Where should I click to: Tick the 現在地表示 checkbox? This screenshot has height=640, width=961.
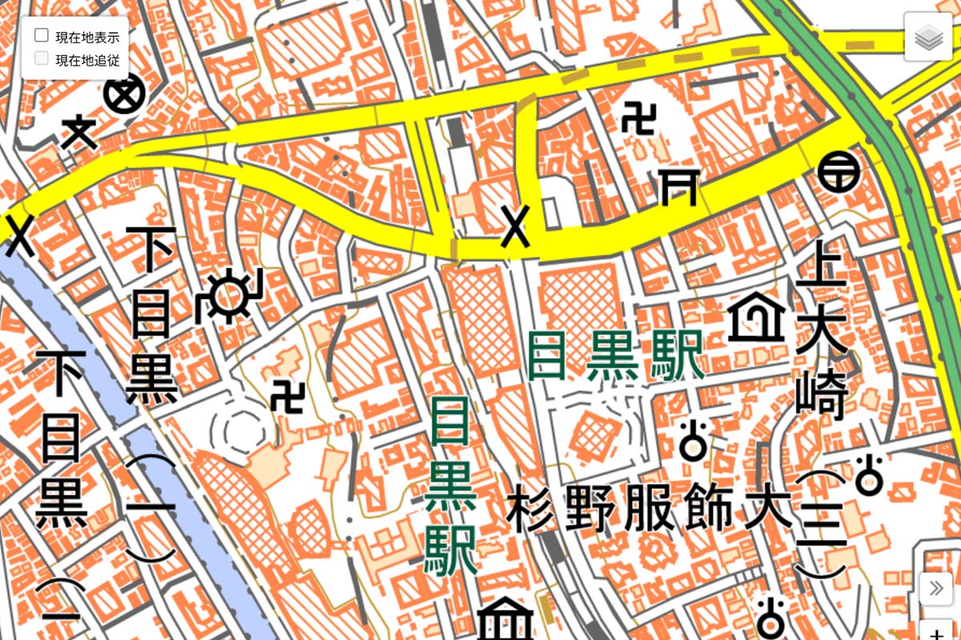[x=42, y=35]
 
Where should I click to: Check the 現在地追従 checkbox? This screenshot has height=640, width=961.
[x=42, y=58]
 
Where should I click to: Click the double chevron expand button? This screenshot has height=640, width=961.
[x=935, y=590]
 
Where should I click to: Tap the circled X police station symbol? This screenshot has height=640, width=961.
[x=124, y=97]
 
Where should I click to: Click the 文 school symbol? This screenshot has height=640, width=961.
[x=80, y=132]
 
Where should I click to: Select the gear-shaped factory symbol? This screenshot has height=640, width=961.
[x=230, y=296]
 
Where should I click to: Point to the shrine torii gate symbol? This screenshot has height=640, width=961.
[x=678, y=187]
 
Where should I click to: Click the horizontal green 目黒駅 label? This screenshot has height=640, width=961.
[x=616, y=355]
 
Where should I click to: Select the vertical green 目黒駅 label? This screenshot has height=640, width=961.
[x=452, y=488]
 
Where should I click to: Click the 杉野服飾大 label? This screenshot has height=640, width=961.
[x=649, y=509]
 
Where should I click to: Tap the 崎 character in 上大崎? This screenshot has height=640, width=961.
[x=822, y=395]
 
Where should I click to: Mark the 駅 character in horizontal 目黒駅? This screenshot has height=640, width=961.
[x=677, y=355]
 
